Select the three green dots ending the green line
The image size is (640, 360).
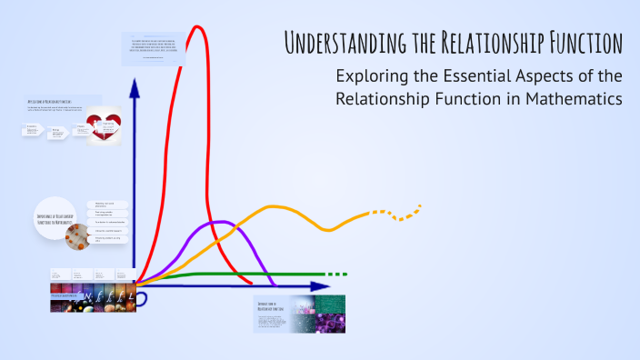point(335,274)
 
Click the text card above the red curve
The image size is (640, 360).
point(154,48)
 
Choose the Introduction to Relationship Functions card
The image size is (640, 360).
point(285,314)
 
